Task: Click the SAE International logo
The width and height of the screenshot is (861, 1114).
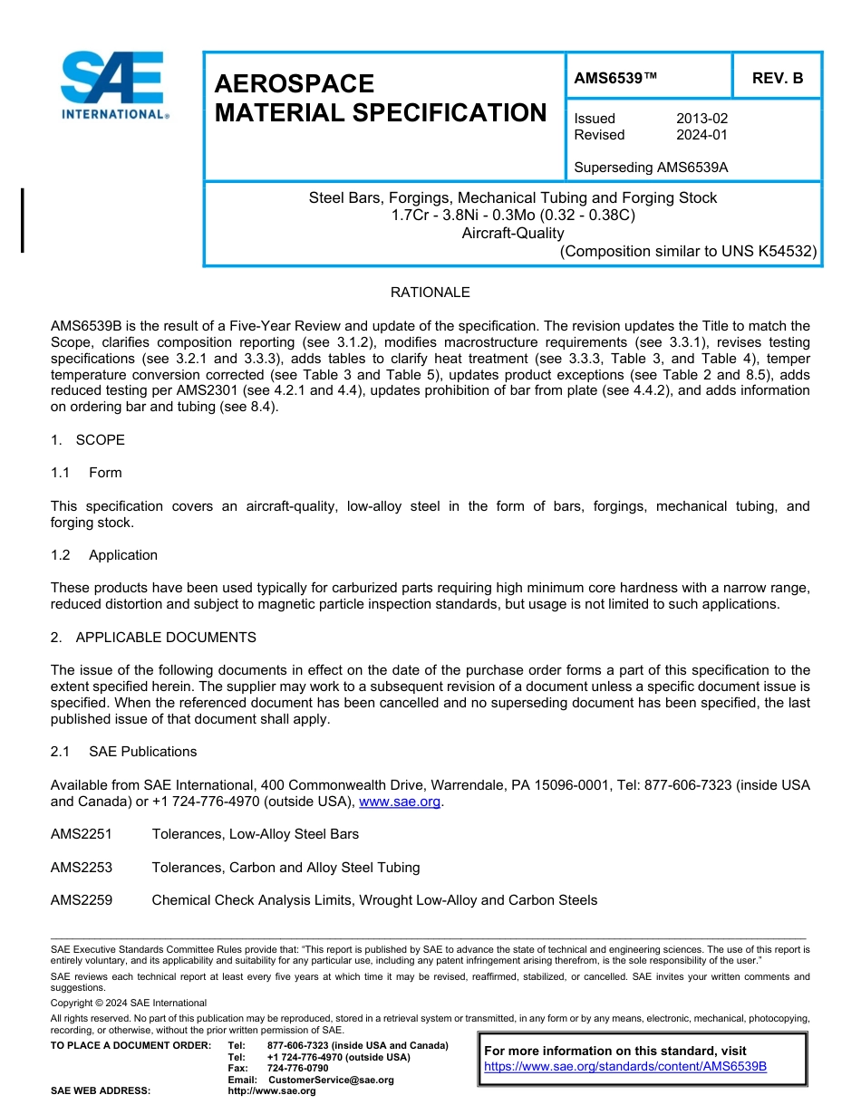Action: [112, 86]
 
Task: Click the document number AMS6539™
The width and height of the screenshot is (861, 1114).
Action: [615, 79]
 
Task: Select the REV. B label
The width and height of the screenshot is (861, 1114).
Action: [778, 79]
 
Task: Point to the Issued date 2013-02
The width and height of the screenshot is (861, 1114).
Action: [701, 119]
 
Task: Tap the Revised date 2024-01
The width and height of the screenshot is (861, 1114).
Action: [701, 135]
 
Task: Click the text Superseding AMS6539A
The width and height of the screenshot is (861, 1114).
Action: [652, 168]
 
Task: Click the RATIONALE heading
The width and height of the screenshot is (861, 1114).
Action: [430, 293]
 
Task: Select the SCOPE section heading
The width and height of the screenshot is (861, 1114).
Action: [100, 440]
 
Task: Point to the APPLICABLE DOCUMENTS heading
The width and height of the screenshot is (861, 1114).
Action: [166, 638]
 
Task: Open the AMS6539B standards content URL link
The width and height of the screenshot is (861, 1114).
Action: [625, 1066]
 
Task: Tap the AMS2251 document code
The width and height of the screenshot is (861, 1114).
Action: [82, 834]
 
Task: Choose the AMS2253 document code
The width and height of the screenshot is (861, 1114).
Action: [82, 868]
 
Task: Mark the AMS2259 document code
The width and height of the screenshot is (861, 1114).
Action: [82, 900]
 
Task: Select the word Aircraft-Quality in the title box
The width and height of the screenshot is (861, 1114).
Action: [512, 233]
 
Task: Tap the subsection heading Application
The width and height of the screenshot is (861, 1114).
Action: [122, 555]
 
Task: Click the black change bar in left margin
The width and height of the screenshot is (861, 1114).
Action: [23, 220]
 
